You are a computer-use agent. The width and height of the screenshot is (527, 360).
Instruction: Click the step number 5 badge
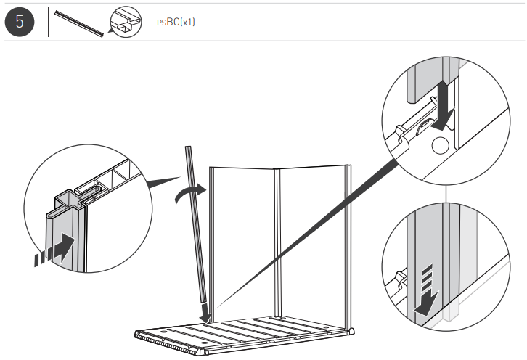[20, 22]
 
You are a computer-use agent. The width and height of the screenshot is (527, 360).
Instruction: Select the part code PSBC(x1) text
[176, 22]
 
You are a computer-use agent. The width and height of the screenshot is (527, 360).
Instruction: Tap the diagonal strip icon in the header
[78, 22]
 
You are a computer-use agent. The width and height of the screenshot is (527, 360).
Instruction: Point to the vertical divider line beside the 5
[49, 22]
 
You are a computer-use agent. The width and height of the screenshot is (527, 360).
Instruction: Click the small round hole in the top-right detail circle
[438, 145]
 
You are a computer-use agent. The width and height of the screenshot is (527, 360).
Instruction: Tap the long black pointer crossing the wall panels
[305, 240]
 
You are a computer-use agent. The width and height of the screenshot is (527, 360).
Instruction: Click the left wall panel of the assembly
[240, 240]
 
